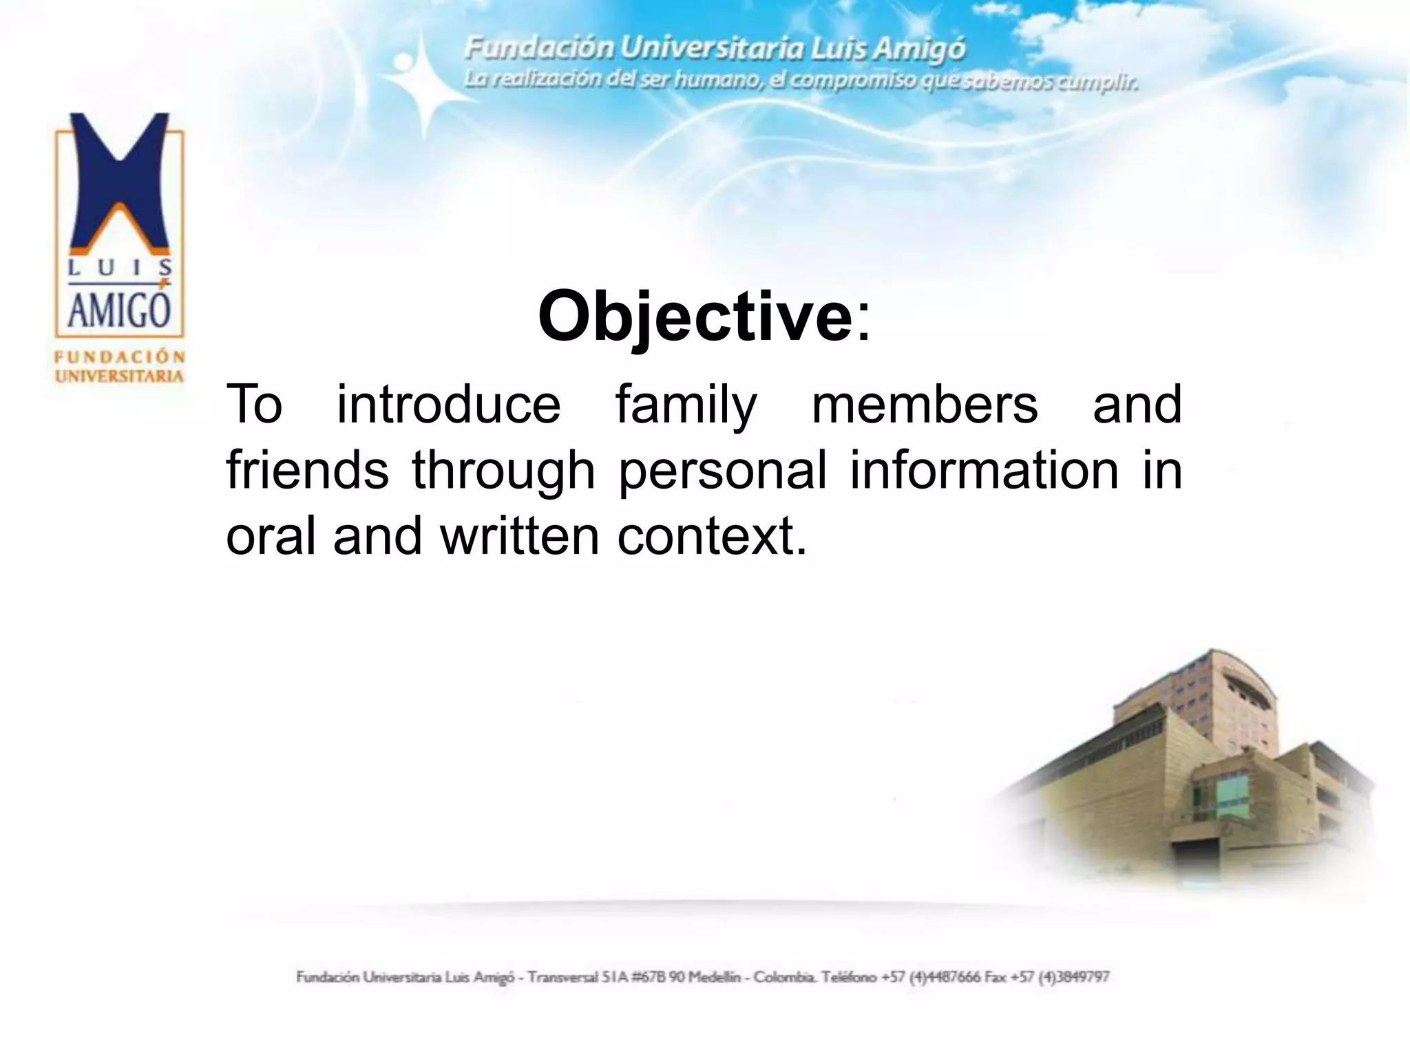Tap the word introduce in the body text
click(448, 405)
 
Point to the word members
click(925, 405)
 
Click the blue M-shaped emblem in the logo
click(120, 182)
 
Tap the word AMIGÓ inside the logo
click(119, 310)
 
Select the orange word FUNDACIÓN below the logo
click(120, 356)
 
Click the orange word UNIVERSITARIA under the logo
click(120, 376)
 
